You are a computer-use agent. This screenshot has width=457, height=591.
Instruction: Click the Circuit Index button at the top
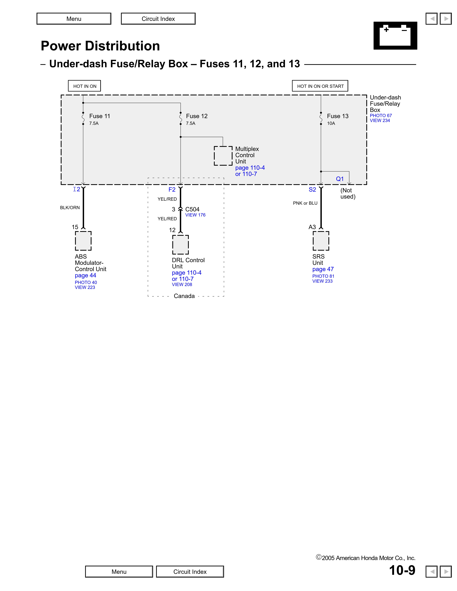click(x=158, y=19)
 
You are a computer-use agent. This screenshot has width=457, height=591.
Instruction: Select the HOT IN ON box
click(x=85, y=86)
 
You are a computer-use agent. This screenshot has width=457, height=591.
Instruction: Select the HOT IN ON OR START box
click(x=320, y=86)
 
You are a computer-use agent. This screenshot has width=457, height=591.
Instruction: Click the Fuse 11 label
click(x=100, y=116)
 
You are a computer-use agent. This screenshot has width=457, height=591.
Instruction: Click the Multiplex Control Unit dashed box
click(x=223, y=156)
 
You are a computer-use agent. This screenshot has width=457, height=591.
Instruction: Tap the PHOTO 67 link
click(x=381, y=116)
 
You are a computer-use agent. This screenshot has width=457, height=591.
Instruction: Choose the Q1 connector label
click(x=340, y=179)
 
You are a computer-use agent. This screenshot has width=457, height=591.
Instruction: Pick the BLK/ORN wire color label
click(x=70, y=208)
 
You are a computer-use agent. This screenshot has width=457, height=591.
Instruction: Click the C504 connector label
click(x=192, y=209)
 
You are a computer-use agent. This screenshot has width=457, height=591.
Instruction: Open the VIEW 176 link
click(x=195, y=215)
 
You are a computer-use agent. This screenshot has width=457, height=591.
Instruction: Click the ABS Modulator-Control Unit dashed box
click(x=83, y=241)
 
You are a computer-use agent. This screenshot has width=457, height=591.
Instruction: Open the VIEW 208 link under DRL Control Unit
click(x=182, y=284)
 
